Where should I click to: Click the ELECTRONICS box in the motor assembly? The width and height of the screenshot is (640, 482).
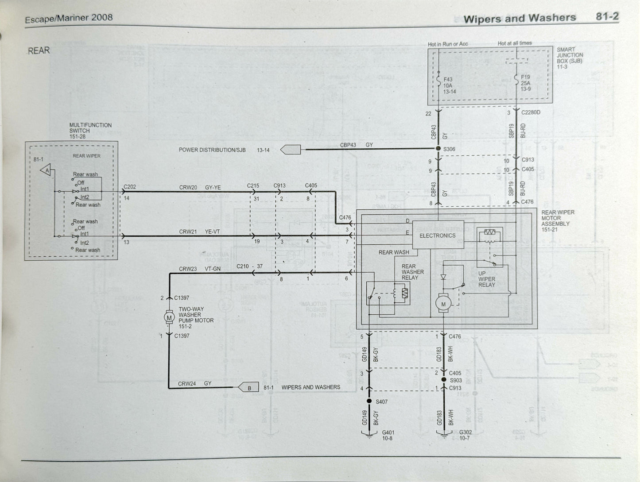[438, 235]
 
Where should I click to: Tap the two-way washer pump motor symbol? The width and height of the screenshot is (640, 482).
[169, 317]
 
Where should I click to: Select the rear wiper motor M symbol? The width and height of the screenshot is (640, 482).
[443, 304]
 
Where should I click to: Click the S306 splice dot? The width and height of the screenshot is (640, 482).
[438, 149]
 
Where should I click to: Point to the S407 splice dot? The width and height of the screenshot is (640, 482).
[369, 401]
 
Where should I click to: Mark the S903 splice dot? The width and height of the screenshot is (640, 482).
[443, 380]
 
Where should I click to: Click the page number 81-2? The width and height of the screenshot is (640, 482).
[607, 17]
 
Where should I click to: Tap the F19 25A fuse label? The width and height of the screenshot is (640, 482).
[526, 83]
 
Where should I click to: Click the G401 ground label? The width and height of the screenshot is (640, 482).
[388, 435]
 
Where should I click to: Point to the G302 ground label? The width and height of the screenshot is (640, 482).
[465, 435]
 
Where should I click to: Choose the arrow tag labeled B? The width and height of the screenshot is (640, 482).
[249, 388]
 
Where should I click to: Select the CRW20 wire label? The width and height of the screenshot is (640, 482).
[188, 188]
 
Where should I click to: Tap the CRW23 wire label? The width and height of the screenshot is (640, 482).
[188, 269]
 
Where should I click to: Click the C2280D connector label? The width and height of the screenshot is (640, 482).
[531, 112]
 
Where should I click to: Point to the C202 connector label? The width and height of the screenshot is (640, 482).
[130, 187]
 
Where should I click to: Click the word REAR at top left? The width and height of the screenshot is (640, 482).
[39, 51]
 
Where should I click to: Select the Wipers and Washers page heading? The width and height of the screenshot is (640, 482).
[519, 19]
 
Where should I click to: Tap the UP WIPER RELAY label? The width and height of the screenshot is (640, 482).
[486, 279]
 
